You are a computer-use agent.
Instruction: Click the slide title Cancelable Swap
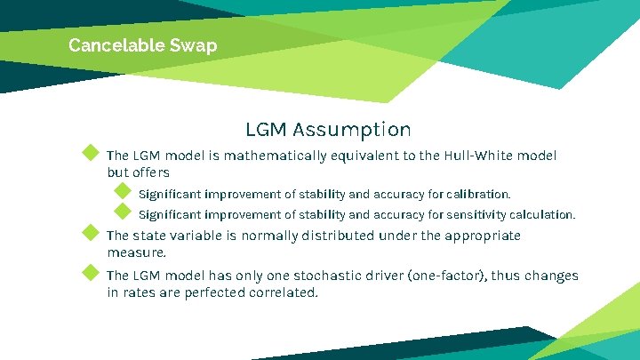tap(142, 44)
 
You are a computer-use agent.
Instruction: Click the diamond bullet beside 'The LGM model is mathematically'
tap(89, 152)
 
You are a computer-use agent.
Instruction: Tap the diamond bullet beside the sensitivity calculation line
tap(123, 212)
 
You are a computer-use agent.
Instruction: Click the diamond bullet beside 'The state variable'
tap(89, 232)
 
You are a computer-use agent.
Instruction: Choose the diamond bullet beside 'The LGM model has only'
tap(89, 272)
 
